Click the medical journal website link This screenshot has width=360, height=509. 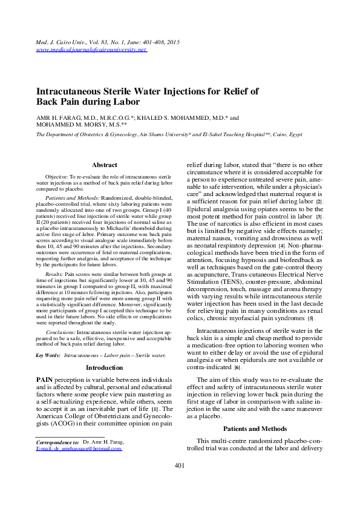click(91, 50)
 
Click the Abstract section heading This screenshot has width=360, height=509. click(104, 165)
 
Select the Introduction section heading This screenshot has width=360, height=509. click(104, 367)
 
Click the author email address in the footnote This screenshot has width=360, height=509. click(79, 448)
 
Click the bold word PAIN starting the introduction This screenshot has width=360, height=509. click(48, 379)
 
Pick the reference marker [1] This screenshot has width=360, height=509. click(155, 410)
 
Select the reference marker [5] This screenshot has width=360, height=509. click(310, 318)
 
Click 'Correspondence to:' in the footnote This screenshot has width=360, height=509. click(57, 442)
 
